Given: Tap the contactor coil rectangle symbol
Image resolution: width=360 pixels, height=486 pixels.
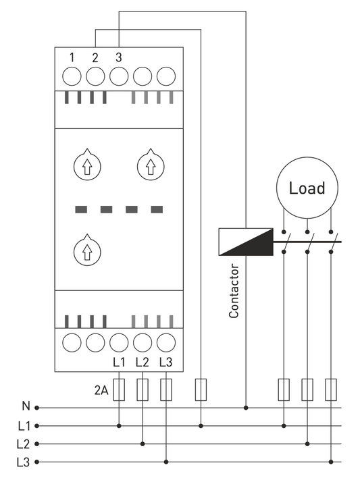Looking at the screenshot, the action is click(x=246, y=242).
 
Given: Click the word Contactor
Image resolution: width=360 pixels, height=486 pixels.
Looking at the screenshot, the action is click(x=234, y=291).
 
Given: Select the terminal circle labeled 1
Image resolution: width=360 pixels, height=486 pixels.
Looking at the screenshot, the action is click(x=72, y=76).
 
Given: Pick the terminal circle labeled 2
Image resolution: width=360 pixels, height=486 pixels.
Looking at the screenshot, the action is click(x=95, y=76).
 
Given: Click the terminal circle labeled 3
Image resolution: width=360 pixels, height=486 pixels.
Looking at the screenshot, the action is click(x=119, y=76).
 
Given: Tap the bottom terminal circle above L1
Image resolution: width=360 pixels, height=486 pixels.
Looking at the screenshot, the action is click(x=119, y=342).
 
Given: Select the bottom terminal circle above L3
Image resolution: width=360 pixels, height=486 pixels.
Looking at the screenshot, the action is click(x=166, y=342).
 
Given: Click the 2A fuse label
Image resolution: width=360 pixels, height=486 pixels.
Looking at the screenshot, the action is click(x=101, y=391).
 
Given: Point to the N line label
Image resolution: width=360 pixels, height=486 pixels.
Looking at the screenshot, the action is click(x=26, y=406).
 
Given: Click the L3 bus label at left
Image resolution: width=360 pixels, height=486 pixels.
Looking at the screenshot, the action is click(x=23, y=462).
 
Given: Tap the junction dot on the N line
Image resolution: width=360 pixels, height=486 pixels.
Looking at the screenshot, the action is click(x=246, y=408).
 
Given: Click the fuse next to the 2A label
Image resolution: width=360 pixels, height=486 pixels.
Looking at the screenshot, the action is click(x=119, y=389).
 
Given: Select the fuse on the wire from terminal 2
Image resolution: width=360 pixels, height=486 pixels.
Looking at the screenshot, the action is click(x=201, y=389).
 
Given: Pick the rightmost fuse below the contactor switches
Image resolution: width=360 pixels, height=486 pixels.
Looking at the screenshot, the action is click(x=331, y=389).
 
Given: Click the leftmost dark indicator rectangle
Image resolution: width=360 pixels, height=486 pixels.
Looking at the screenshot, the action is click(x=81, y=209).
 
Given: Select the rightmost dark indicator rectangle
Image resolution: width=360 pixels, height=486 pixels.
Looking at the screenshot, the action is click(x=157, y=209).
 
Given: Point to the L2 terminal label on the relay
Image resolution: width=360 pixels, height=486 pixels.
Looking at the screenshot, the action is click(x=143, y=362).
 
